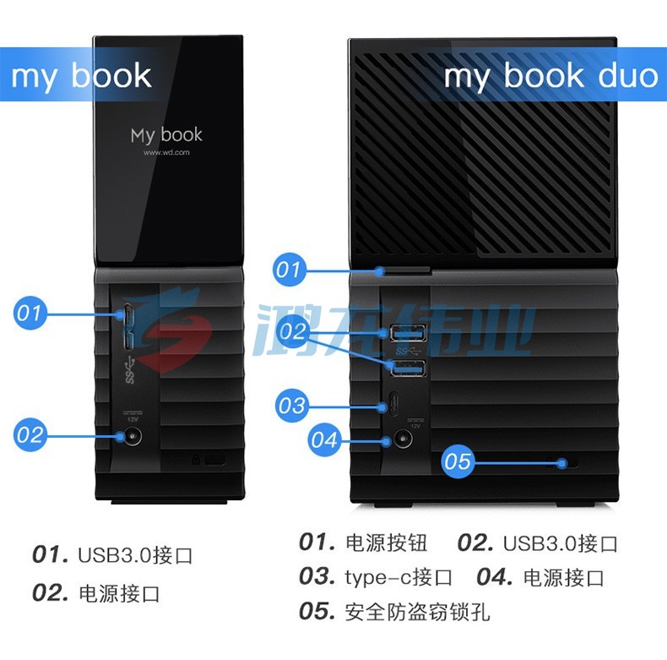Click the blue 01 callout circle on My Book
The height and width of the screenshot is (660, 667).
click(x=30, y=313)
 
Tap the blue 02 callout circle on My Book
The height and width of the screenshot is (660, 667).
click(x=30, y=434)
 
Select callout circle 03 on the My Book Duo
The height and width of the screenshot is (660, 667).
click(x=292, y=406)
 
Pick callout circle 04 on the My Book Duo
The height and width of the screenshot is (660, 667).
click(x=324, y=439)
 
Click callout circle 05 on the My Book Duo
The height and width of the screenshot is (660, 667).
click(x=458, y=461)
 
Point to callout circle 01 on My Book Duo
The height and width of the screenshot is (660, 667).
click(x=290, y=270)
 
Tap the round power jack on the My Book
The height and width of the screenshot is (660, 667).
click(x=132, y=436)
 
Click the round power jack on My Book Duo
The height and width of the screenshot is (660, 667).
click(x=403, y=438)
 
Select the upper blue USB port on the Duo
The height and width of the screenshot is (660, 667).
click(x=409, y=333)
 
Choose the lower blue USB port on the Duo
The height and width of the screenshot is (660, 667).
click(x=409, y=368)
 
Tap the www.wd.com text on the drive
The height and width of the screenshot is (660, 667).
click(x=166, y=152)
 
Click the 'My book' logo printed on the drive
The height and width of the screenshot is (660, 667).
click(x=166, y=135)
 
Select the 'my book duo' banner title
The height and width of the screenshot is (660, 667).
click(x=550, y=76)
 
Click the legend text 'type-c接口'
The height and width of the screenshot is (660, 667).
click(x=399, y=577)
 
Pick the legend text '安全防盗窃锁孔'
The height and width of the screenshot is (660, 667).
click(x=417, y=612)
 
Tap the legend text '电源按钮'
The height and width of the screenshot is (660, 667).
click(x=386, y=543)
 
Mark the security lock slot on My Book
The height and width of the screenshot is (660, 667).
click(x=214, y=460)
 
